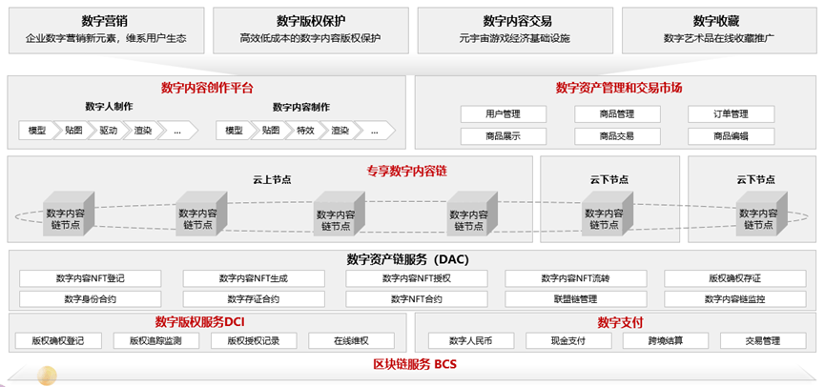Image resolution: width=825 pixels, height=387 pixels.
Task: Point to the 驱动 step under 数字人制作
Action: pyautogui.click(x=110, y=130)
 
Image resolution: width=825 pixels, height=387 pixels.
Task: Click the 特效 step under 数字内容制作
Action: pyautogui.click(x=304, y=130)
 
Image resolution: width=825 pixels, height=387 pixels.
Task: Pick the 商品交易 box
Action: pyautogui.click(x=617, y=136)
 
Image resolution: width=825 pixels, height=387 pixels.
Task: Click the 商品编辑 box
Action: pyautogui.click(x=731, y=136)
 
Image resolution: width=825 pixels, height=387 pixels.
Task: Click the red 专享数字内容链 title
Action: pyautogui.click(x=406, y=171)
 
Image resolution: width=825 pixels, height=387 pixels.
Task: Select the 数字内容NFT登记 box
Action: pyautogui.click(x=90, y=278)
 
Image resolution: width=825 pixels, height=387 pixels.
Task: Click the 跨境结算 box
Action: pyautogui.click(x=665, y=340)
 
